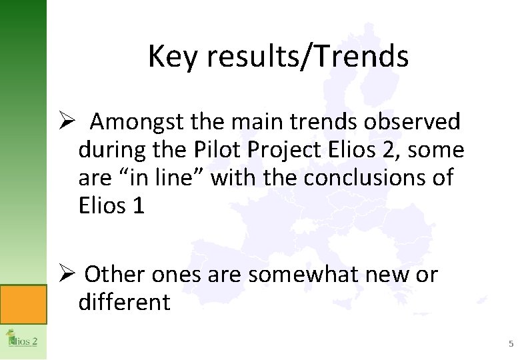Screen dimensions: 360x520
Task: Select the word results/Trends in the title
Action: pos(307,57)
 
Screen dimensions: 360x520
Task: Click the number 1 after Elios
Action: pos(138,206)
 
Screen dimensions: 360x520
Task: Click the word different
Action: pos(124,302)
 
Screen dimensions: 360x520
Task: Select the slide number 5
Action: pos(511,344)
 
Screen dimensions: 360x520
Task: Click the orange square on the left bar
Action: pos(23,304)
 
